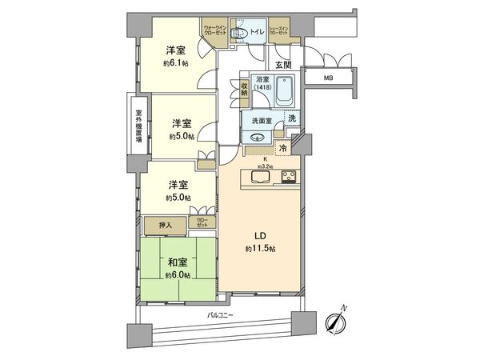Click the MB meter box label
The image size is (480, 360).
[329, 78]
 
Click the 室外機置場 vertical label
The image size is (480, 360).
[138, 126]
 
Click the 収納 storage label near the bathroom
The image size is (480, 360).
[243, 94]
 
